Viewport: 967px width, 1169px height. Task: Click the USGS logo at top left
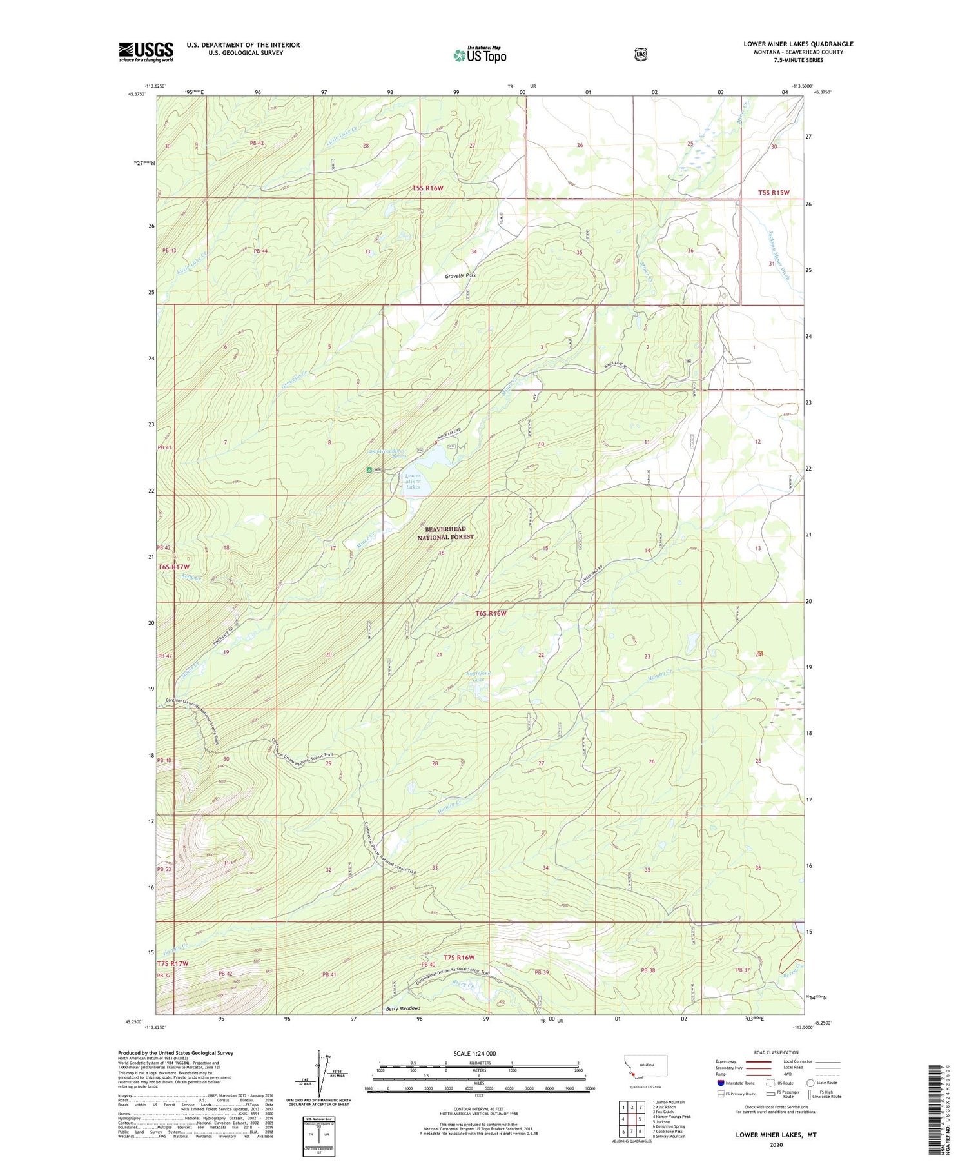coord(146,52)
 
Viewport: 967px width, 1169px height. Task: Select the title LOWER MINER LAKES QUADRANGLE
coord(798,44)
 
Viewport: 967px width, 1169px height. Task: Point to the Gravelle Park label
coord(460,275)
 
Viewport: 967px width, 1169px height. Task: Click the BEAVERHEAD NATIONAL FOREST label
coord(445,533)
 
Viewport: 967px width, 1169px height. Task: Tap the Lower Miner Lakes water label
coord(413,482)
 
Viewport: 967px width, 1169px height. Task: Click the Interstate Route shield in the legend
coord(721,1083)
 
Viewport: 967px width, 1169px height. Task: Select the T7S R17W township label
coord(172,963)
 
